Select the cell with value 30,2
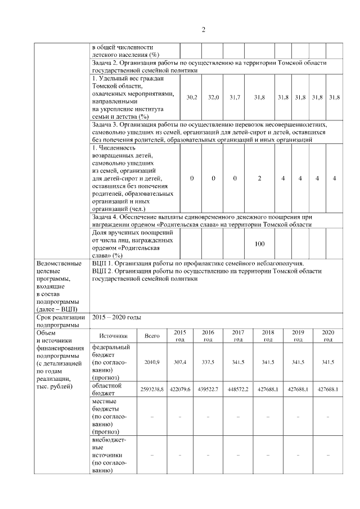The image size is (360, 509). (x=191, y=97)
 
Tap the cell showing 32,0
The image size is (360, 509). (x=213, y=97)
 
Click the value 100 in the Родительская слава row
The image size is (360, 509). (x=259, y=244)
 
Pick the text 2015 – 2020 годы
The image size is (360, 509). (x=116, y=317)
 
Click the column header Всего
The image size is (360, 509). (x=152, y=336)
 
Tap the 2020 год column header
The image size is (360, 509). (x=327, y=336)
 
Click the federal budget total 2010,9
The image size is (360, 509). (x=152, y=363)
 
